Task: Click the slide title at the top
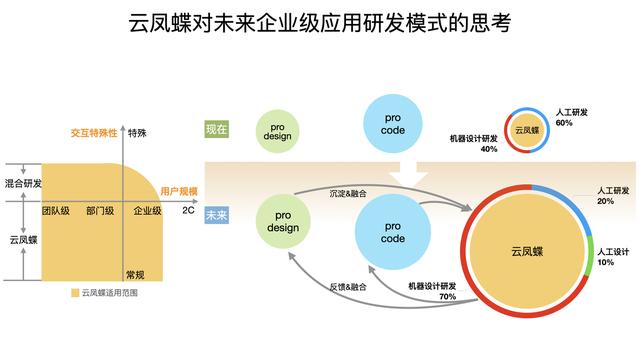click(320, 23)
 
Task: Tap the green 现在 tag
click(216, 129)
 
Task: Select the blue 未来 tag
click(216, 215)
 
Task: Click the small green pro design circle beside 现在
click(278, 131)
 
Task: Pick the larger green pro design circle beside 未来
click(283, 221)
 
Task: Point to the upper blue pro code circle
click(393, 124)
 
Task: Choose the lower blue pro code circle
click(393, 232)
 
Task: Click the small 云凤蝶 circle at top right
click(527, 130)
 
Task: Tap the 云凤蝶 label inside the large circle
click(527, 251)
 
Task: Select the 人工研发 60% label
click(571, 117)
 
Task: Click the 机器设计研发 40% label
click(473, 144)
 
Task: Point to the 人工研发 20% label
click(613, 196)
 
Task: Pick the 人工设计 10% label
click(613, 257)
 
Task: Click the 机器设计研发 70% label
click(432, 291)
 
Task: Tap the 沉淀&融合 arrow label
click(348, 193)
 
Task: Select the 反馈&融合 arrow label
click(348, 287)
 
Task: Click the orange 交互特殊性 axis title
click(94, 133)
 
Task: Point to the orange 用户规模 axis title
click(179, 191)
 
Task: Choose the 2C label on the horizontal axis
click(188, 210)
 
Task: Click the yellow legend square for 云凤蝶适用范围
click(75, 293)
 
